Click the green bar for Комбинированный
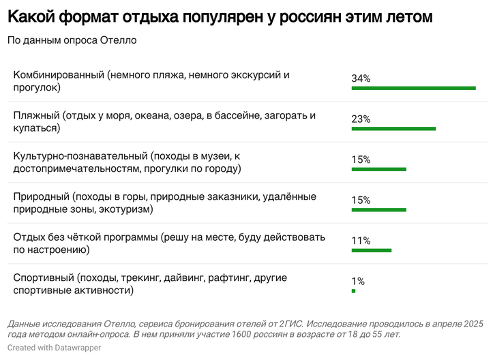tap(413, 88)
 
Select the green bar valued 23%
tap(393, 129)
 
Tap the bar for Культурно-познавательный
tap(378, 169)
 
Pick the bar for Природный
tap(378, 210)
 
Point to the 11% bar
tap(371, 250)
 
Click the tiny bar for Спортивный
tap(353, 291)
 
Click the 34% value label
tap(361, 78)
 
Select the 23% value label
tap(361, 119)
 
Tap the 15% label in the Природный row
tap(361, 200)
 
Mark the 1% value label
tap(358, 282)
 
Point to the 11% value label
tap(361, 241)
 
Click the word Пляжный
tap(36, 116)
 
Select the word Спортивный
tap(43, 278)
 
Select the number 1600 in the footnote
tap(243, 334)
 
